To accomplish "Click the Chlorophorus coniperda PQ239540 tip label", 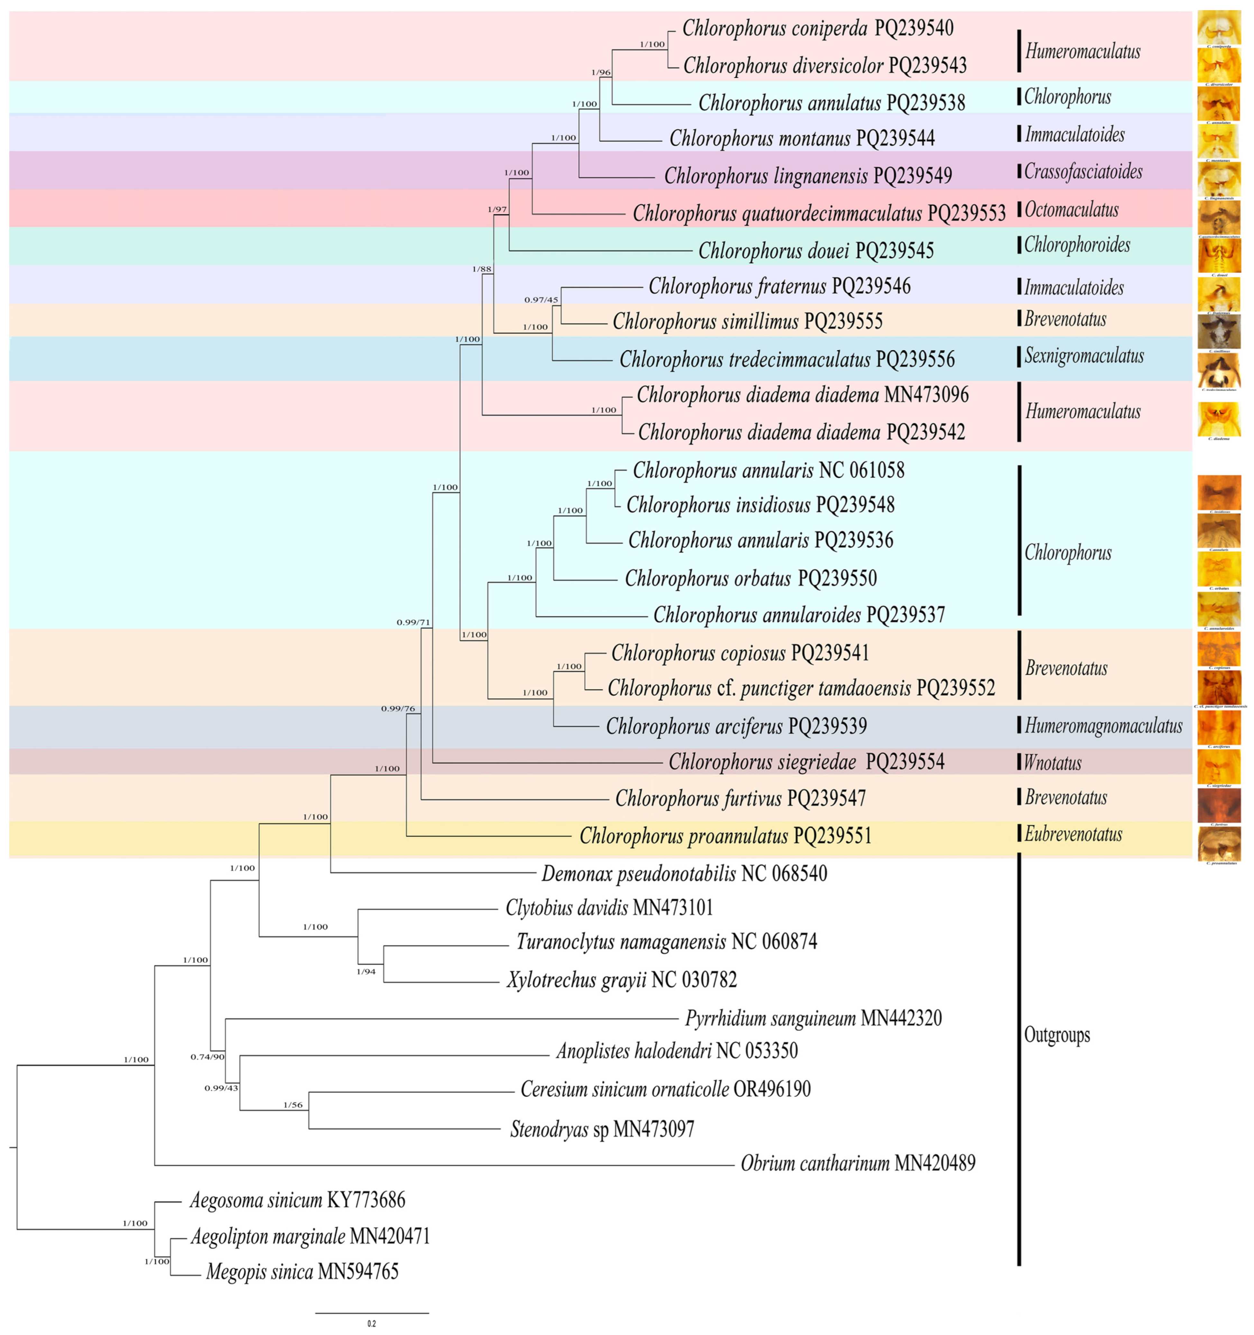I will click(x=818, y=28).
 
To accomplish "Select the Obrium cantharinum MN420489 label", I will click(x=858, y=1163).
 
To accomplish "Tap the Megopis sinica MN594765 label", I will click(x=302, y=1271).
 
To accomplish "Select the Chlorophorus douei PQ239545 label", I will click(x=816, y=251).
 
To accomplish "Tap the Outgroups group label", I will click(x=1057, y=1035).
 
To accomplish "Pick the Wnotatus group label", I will click(x=1052, y=763).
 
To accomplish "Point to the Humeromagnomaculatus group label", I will click(x=1103, y=726).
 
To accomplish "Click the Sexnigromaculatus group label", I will click(x=1084, y=356).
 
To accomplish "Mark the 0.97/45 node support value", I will click(x=541, y=299).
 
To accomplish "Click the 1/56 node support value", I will click(x=293, y=1105).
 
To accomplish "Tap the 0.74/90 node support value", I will click(x=207, y=1056).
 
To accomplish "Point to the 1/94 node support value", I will click(x=366, y=971).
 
